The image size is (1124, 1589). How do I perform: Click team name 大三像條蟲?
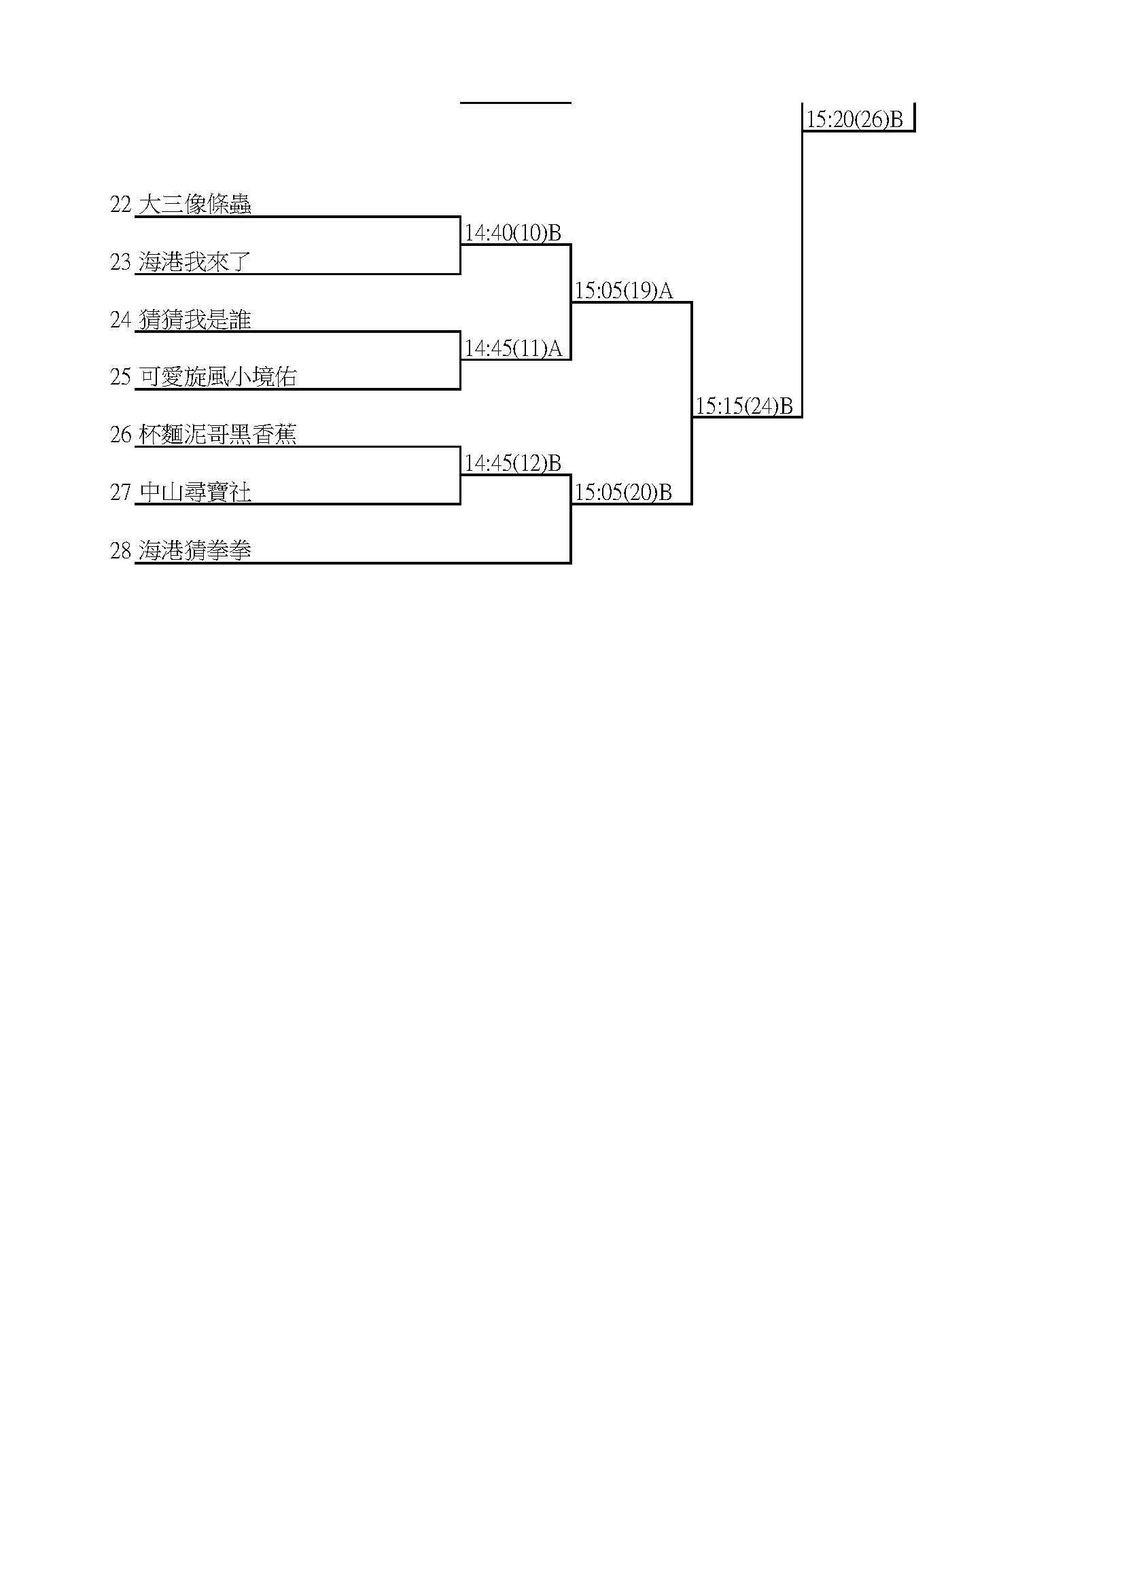194,204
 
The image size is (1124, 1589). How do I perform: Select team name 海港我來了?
194,262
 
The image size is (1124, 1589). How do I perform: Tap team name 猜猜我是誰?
194,319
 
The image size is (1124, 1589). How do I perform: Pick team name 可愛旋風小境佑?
217,376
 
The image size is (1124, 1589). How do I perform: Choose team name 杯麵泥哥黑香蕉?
217,434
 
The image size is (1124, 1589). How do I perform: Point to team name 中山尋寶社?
194,492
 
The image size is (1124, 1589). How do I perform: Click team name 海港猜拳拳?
194,550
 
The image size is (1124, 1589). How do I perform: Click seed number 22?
120,205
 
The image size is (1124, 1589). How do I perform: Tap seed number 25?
120,377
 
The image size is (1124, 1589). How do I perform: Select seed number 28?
120,551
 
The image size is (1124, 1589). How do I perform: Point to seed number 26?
120,435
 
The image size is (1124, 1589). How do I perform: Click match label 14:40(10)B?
513,233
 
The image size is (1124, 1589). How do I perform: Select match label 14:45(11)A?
513,349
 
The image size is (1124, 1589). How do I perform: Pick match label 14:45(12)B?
513,464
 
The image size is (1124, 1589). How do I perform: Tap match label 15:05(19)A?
624,291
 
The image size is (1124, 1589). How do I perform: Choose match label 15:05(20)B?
624,493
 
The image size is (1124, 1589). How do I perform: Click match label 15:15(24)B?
744,406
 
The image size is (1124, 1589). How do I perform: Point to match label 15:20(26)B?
855,120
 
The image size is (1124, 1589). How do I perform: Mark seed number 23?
120,262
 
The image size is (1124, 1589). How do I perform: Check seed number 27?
120,493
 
